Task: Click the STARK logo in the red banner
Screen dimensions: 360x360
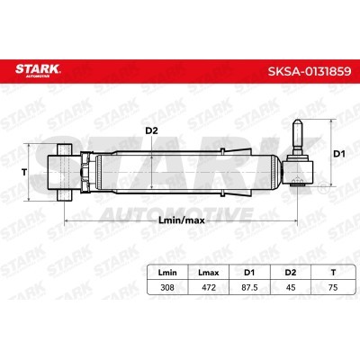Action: tap(38, 70)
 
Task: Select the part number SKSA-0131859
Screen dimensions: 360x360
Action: tap(310, 71)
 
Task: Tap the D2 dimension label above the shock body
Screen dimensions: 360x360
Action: tap(152, 130)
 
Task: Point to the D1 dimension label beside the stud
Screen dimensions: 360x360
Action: tap(340, 154)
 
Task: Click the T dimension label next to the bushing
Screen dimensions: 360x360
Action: tap(24, 173)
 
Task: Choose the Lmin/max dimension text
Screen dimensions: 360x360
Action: tap(181, 220)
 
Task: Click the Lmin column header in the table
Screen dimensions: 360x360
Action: tap(167, 273)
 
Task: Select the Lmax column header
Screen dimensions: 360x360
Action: tap(209, 273)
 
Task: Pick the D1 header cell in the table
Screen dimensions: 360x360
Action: tap(249, 273)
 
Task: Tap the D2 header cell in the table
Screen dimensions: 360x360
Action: tap(291, 273)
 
